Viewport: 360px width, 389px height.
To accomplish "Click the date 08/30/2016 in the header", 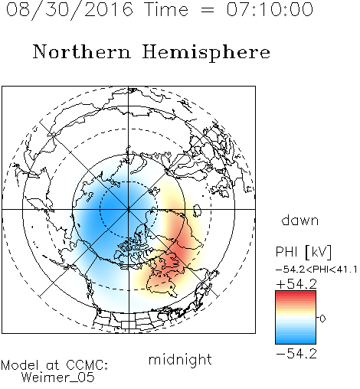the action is [70, 10].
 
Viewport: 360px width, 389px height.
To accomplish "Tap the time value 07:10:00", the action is [270, 9].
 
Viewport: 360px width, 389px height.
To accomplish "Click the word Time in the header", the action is [166, 9].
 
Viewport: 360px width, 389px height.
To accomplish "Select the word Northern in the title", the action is [82, 51].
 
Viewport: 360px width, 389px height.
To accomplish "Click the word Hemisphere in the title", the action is [206, 52].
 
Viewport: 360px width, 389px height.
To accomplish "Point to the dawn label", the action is [300, 220].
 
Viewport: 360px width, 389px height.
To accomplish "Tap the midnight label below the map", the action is [180, 359].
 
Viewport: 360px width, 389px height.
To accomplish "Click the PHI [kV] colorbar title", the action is [303, 252].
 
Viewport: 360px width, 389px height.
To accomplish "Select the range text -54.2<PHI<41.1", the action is [316, 270].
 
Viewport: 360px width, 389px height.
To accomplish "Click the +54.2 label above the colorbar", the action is [296, 284].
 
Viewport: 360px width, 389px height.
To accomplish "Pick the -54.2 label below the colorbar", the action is [296, 354].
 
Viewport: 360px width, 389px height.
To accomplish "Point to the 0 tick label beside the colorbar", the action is [322, 319].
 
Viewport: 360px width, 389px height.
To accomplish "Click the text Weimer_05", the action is [58, 378].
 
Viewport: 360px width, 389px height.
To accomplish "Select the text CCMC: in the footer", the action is [87, 365].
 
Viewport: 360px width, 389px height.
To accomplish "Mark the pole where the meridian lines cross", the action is [129, 209].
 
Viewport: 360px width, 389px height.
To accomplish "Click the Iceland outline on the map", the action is [197, 211].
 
